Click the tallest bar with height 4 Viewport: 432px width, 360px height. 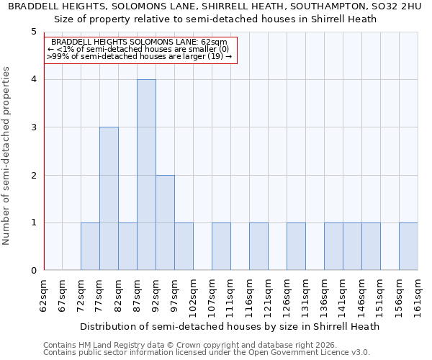(146, 175)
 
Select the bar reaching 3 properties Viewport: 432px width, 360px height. (109, 199)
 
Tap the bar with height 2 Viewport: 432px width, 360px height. (165, 222)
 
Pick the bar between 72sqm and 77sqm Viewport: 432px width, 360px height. (90, 246)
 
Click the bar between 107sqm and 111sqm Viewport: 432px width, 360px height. (221, 246)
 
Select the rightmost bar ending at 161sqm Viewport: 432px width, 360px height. (408, 246)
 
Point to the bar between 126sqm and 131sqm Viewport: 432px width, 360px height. (296, 246)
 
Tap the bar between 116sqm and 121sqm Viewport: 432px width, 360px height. (258, 246)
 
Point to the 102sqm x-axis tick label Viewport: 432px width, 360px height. (194, 296)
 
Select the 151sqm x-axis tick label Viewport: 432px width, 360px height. (381, 296)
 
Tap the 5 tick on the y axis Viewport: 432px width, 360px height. (33, 32)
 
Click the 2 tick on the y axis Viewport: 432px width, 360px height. (33, 175)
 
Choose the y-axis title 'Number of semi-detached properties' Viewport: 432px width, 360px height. (7, 155)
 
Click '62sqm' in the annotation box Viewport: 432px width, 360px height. (214, 42)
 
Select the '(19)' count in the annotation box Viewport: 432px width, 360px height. (216, 56)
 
